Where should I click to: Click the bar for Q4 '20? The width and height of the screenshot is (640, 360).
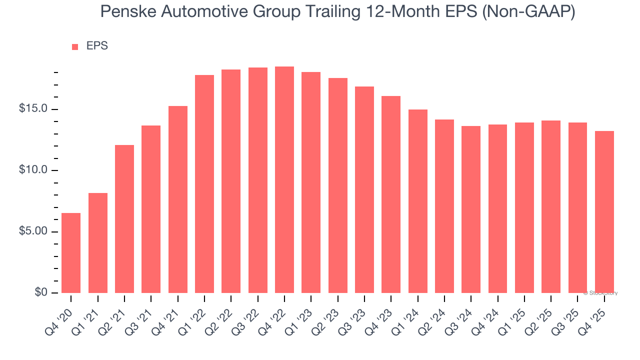pyautogui.click(x=71, y=253)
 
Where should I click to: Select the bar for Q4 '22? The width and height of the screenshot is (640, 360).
pyautogui.click(x=284, y=180)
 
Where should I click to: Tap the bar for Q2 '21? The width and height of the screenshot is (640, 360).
pyautogui.click(x=124, y=219)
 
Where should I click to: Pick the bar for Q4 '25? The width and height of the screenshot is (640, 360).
pyautogui.click(x=604, y=212)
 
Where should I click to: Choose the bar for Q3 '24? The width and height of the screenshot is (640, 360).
pyautogui.click(x=471, y=209)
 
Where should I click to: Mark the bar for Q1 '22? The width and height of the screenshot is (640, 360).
pyautogui.click(x=204, y=184)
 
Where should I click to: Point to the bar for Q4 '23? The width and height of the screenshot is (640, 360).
pyautogui.click(x=391, y=194)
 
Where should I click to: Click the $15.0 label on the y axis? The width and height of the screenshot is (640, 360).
pyautogui.click(x=33, y=109)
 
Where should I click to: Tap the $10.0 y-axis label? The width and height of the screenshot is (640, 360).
pyautogui.click(x=33, y=170)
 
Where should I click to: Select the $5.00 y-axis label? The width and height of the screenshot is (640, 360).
pyautogui.click(x=33, y=231)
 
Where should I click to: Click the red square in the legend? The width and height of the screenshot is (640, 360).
pyautogui.click(x=75, y=47)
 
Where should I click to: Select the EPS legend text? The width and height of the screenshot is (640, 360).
pyautogui.click(x=97, y=46)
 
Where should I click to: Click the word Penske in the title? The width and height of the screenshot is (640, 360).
pyautogui.click(x=125, y=11)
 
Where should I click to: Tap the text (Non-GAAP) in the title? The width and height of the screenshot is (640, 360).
pyautogui.click(x=535, y=11)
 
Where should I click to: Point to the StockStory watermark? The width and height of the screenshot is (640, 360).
pyautogui.click(x=600, y=293)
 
